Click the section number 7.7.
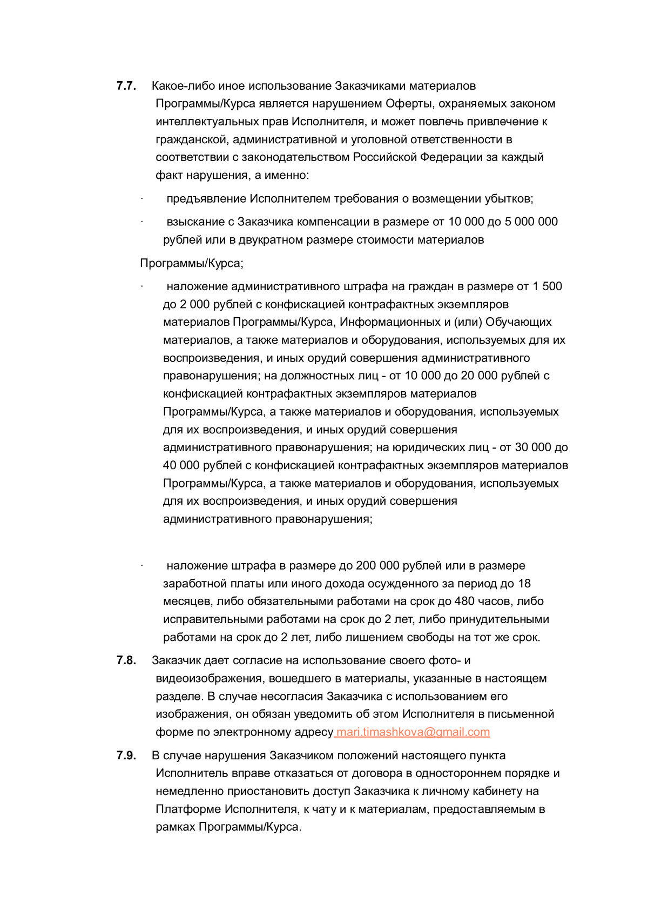click(x=126, y=86)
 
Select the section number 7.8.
click(x=126, y=660)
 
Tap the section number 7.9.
click(x=126, y=755)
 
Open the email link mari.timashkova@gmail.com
click(x=413, y=732)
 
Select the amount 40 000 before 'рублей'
click(x=181, y=465)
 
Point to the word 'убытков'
click(x=510, y=199)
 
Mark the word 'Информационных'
click(x=393, y=322)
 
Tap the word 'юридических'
click(x=424, y=447)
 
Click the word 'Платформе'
click(x=188, y=809)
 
